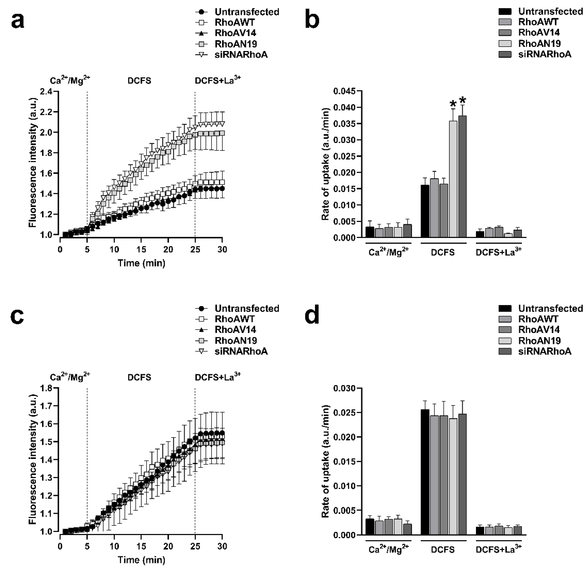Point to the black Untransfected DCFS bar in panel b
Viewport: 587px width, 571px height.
tap(425, 211)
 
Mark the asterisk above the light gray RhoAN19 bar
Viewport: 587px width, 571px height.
tap(453, 104)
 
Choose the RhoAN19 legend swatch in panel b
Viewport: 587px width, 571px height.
tap(505, 44)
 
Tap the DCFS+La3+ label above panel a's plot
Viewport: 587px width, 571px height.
tap(217, 80)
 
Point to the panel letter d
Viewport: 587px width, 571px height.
tap(312, 317)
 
